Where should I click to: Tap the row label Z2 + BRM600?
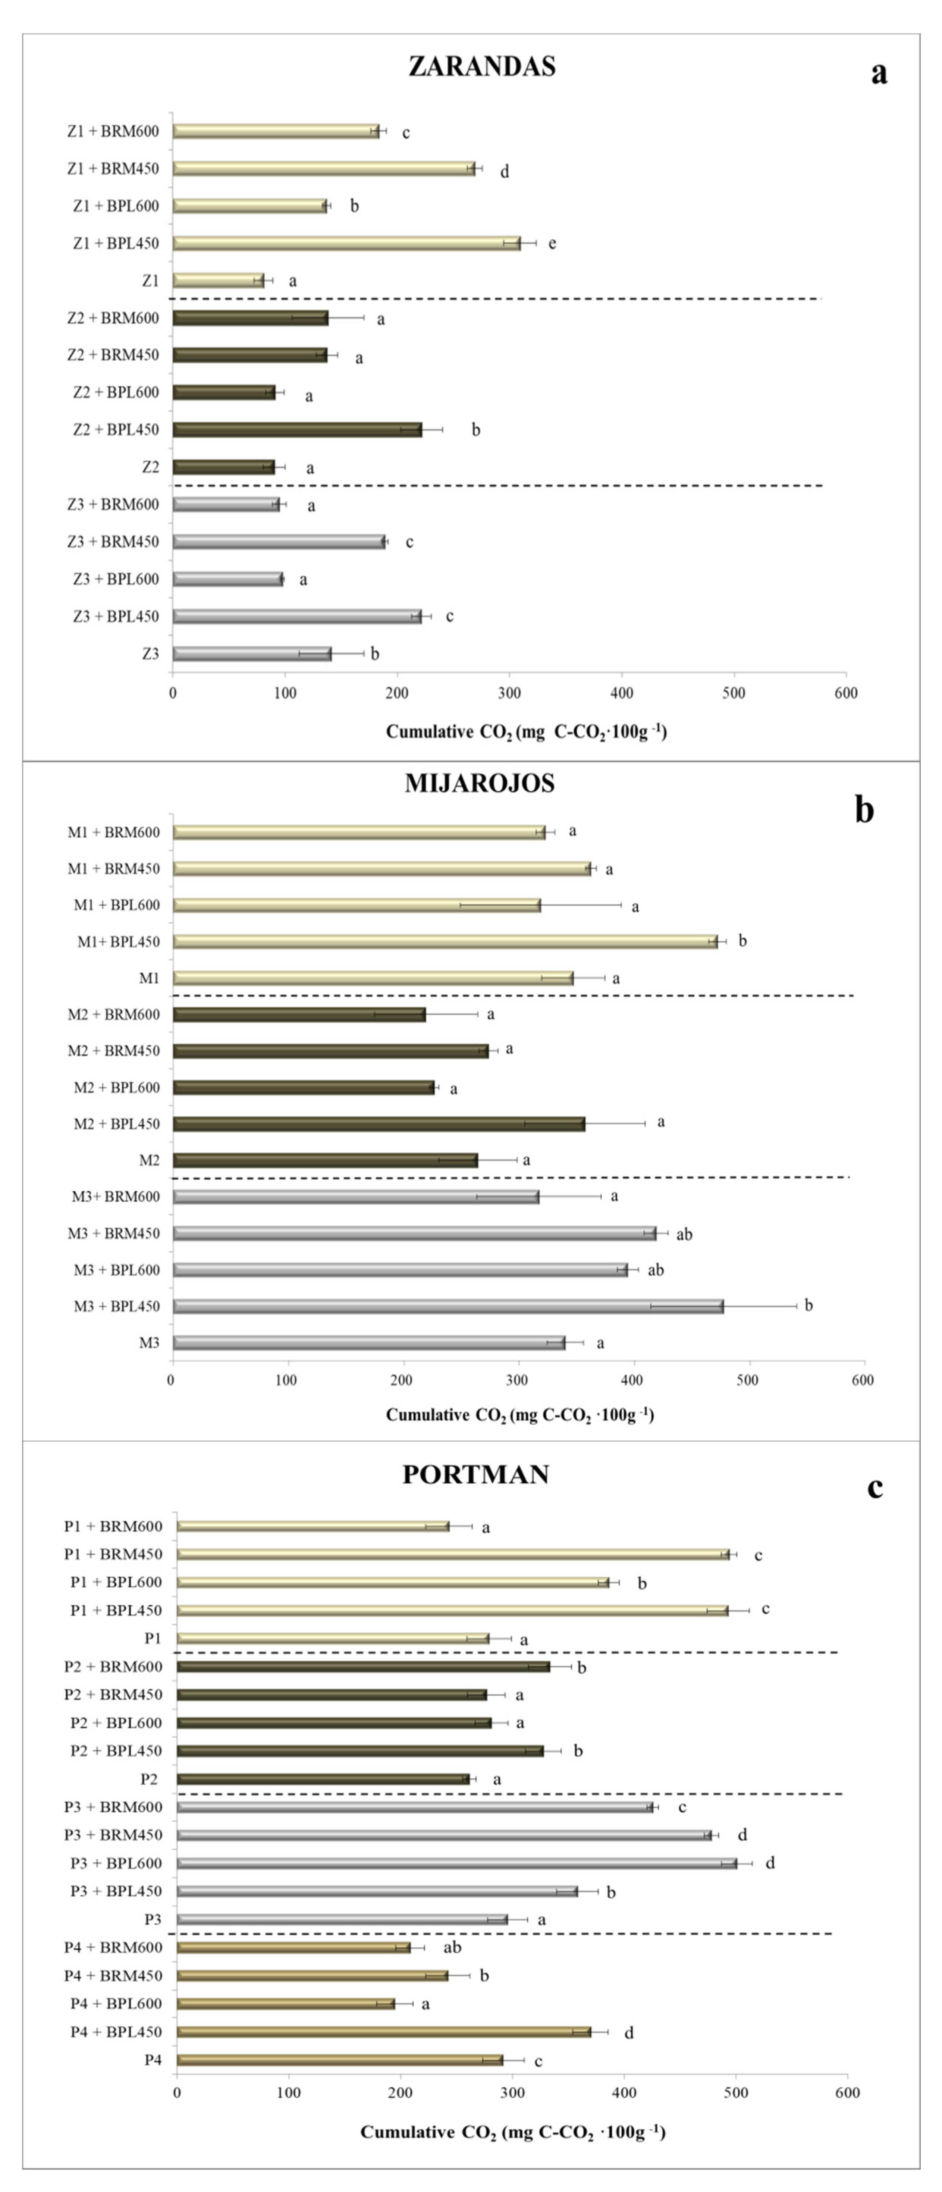[x=113, y=318]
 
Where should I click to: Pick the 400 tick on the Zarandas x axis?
[x=622, y=693]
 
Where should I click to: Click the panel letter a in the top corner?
[x=879, y=72]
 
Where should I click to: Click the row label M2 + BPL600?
[x=117, y=1088]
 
